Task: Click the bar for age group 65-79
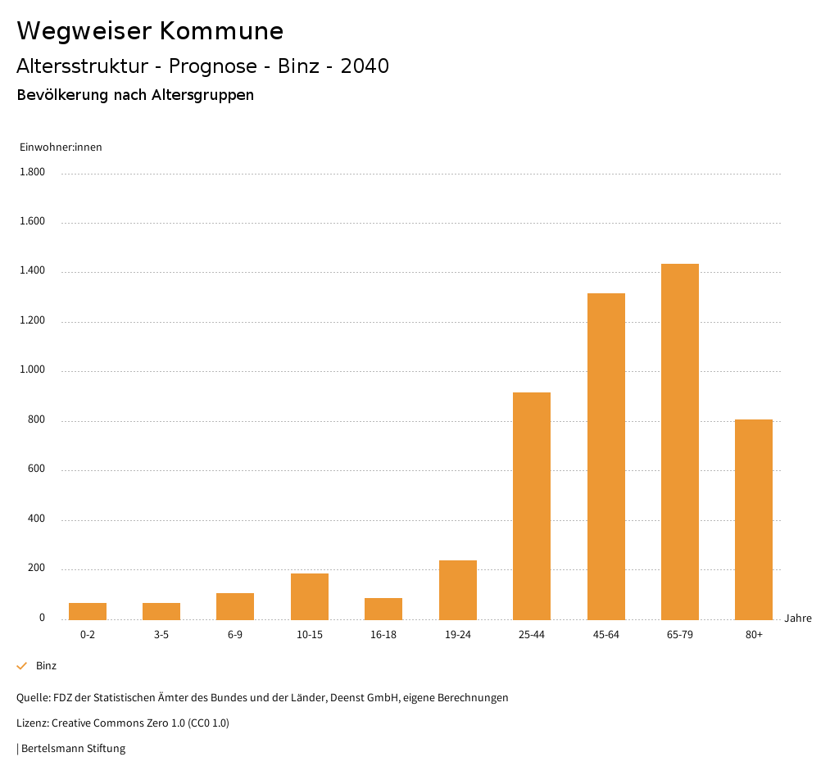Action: coord(679,442)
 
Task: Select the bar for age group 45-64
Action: coord(605,456)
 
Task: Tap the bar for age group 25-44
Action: coord(532,505)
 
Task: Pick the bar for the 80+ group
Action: coord(753,519)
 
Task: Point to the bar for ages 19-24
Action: coord(457,590)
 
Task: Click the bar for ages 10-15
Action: coord(310,596)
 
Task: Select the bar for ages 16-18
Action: coord(383,609)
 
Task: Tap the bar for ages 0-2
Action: coord(88,611)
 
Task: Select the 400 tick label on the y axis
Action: coord(36,519)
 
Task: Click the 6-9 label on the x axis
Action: coord(235,635)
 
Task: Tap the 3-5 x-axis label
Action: coord(161,635)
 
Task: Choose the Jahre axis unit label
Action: coord(797,619)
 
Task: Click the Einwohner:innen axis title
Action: coord(61,147)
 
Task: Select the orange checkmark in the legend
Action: coord(22,666)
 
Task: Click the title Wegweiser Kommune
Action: coord(150,31)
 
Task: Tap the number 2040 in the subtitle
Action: coord(365,66)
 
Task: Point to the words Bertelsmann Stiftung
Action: coord(73,749)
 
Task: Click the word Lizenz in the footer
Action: coord(32,723)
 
